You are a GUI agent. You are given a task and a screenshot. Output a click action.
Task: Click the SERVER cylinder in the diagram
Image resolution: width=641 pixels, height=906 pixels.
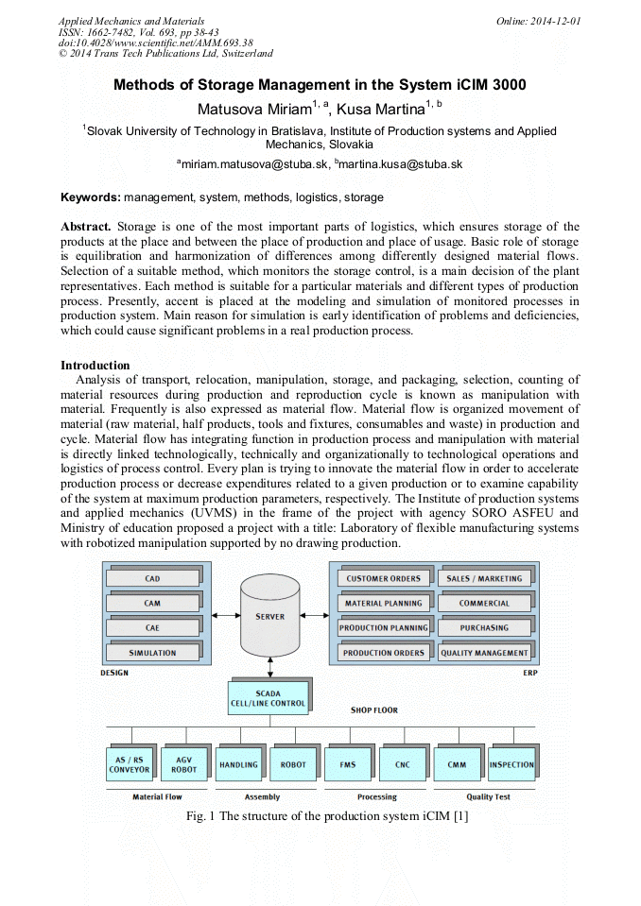pos(269,617)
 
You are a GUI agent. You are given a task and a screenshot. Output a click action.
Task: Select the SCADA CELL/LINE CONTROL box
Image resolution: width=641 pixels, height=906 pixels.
pos(268,698)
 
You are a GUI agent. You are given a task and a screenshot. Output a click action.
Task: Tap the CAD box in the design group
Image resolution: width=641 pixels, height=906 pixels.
pos(152,578)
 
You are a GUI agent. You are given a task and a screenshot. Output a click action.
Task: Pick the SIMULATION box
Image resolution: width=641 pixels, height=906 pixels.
pos(152,652)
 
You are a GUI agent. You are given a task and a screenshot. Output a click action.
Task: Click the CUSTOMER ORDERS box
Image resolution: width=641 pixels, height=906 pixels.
pos(384,578)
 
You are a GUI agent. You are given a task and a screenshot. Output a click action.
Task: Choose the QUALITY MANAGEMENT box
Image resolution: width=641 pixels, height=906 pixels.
pos(484,652)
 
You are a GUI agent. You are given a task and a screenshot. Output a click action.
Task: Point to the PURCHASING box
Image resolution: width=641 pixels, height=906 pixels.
pos(484,627)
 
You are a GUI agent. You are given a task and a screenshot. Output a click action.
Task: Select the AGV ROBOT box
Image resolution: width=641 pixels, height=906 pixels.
pos(184,764)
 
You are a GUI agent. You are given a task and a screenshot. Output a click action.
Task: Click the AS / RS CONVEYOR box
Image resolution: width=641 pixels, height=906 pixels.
pos(130,764)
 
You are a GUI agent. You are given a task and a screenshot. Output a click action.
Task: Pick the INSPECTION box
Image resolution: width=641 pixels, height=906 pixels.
pos(511,764)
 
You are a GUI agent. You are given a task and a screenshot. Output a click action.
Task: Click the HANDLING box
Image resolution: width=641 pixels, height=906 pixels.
pos(238,764)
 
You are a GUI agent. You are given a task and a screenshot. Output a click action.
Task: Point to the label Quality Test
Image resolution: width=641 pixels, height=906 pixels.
pos(488,796)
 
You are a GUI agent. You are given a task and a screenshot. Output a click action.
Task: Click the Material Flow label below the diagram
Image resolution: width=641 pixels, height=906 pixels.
pos(157,796)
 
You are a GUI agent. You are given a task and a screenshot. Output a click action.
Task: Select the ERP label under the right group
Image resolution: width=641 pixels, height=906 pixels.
pos(529,673)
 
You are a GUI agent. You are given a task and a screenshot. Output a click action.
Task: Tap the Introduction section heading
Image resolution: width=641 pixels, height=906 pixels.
pos(95,366)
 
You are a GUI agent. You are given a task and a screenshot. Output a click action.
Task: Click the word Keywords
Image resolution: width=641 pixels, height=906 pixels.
pos(91,197)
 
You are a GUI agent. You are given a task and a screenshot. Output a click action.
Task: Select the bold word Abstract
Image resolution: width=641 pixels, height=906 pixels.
pos(86,227)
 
